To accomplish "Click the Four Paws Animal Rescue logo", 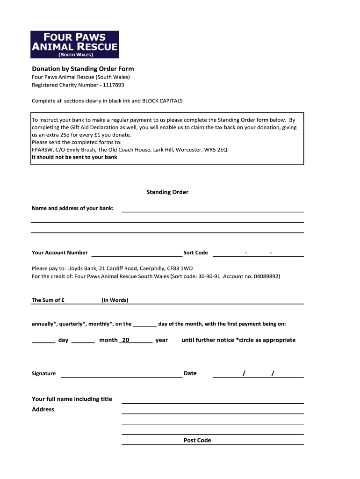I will pos(74,44).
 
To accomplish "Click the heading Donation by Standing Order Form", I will pos(83,69).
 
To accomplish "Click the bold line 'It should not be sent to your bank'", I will pos(74,157).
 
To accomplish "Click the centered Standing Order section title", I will pos(167,192).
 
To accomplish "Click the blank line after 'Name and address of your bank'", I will pos(213,209).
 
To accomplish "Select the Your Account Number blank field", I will pos(137,253).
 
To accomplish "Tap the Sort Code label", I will pos(195,253).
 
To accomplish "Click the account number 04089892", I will pos(266,276).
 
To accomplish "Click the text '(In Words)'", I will pos(115,300).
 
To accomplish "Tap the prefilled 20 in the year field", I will pos(125,340).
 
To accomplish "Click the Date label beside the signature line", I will pos(190,373).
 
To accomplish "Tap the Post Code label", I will pos(197,440).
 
